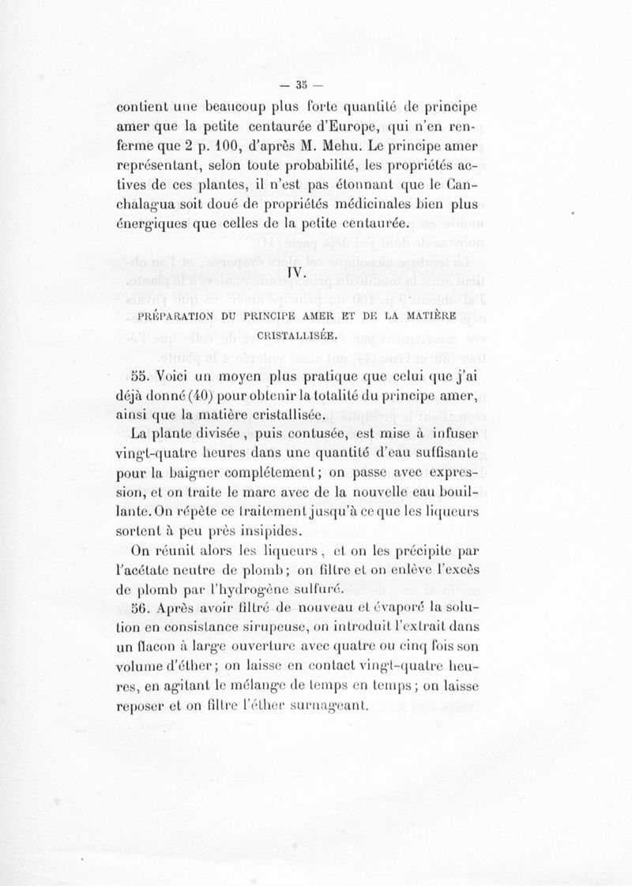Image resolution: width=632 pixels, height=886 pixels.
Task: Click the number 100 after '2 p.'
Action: pyautogui.click(x=229, y=148)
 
